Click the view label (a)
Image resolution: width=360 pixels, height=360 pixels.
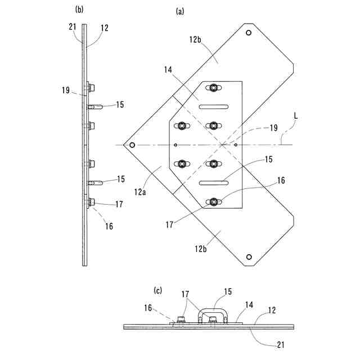[x=180, y=11]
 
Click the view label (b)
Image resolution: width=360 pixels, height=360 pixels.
[x=79, y=9]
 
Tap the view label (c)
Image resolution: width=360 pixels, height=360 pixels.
[x=158, y=291]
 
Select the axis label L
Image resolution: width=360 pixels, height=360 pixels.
[x=296, y=116]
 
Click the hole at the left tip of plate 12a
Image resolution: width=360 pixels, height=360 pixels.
[x=132, y=145]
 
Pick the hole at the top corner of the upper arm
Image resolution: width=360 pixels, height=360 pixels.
[x=248, y=34]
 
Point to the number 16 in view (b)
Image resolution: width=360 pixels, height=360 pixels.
[x=109, y=226]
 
